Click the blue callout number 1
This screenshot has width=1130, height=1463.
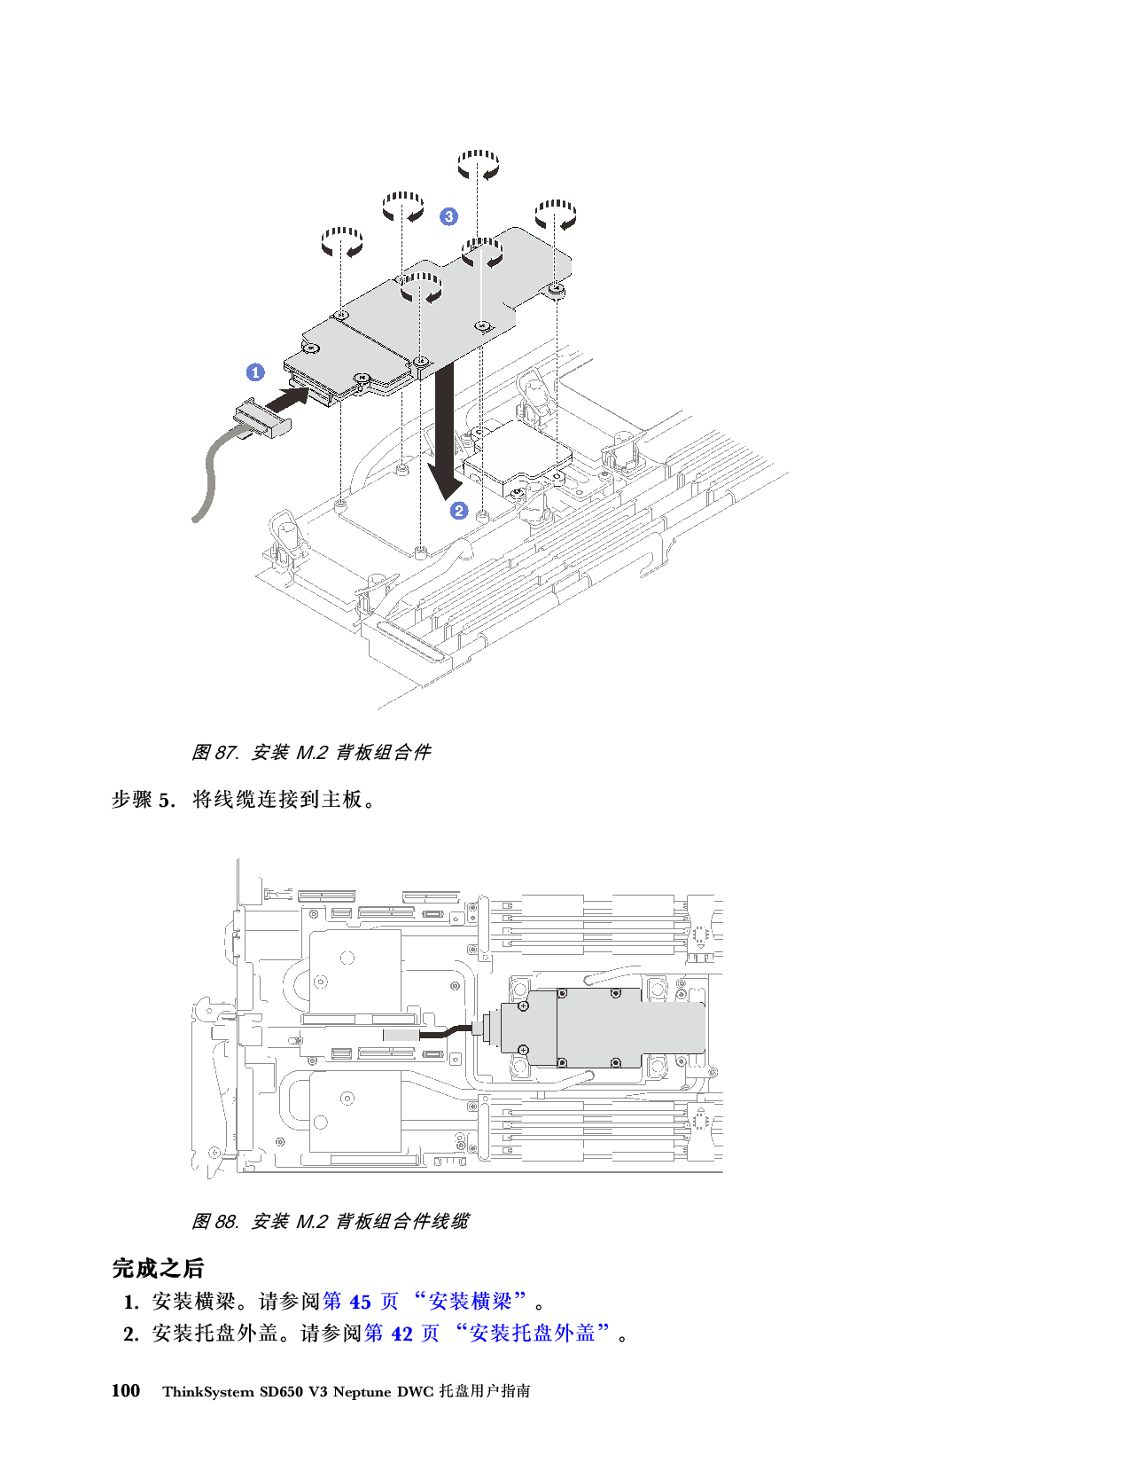point(255,372)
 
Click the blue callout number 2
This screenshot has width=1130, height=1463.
point(459,511)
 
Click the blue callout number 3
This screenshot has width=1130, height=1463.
point(449,216)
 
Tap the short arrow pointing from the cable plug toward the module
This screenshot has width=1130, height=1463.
point(293,396)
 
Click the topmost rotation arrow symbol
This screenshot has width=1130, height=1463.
point(478,165)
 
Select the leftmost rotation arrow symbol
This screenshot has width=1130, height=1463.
point(341,242)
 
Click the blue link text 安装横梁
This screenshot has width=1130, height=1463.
point(471,1302)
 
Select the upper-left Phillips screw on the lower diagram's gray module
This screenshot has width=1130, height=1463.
point(524,1005)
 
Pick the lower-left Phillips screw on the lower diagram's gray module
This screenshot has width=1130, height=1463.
point(524,1050)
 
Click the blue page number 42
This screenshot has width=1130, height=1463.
point(402,1333)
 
